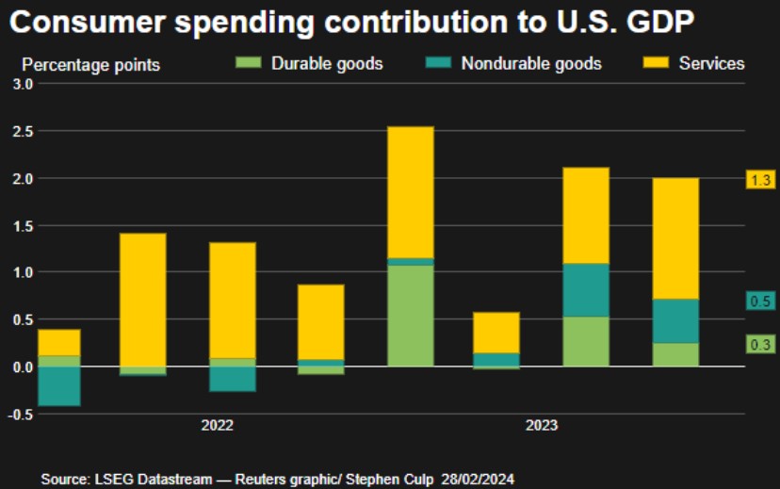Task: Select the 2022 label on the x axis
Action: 217,425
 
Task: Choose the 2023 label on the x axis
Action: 541,425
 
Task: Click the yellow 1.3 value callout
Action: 760,179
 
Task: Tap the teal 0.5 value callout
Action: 760,301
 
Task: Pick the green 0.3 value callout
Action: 760,344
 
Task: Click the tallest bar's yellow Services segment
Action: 410,191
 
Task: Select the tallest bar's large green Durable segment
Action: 410,316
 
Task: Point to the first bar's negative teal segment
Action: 58,385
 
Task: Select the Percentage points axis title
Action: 90,65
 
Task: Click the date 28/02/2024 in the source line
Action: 482,480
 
